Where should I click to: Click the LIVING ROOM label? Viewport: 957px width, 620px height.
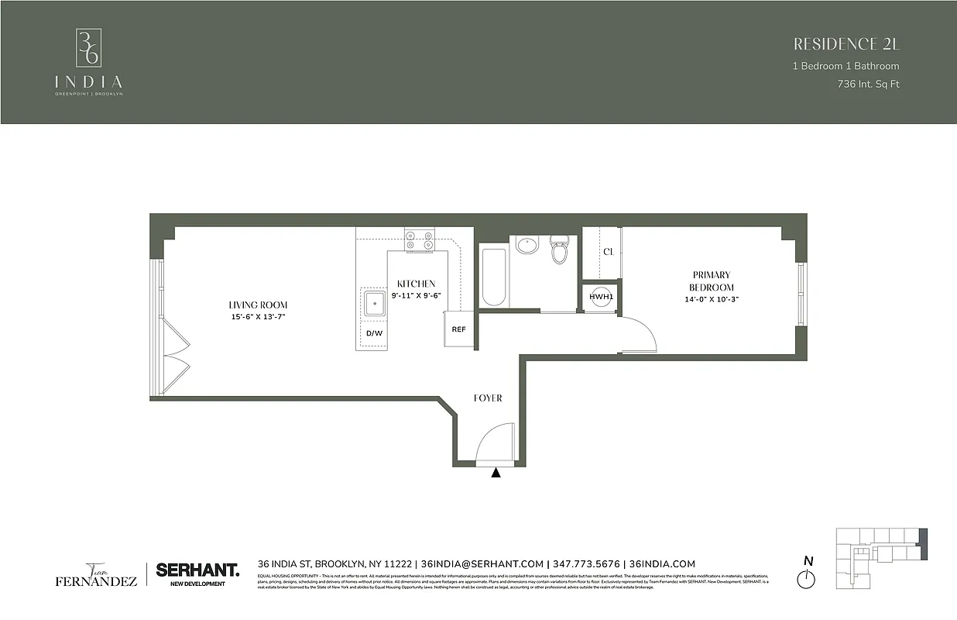coord(258,305)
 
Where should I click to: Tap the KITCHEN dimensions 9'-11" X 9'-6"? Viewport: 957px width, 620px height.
coord(416,295)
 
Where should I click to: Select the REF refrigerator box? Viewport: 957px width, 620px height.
coord(458,329)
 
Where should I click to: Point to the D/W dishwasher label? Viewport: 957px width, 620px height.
coord(374,333)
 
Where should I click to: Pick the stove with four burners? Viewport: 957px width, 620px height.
coord(419,239)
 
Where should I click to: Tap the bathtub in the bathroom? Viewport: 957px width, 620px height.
coord(492,276)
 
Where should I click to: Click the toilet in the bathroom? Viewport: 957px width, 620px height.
coord(559,250)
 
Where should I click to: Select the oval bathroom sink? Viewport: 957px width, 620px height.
coord(527,246)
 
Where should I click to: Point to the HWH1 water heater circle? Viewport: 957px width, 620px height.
coord(600,297)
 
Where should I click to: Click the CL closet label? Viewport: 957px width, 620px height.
coord(608,251)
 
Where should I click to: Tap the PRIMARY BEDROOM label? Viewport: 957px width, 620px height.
coord(712,281)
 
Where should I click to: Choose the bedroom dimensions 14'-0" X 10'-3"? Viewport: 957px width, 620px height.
coord(712,299)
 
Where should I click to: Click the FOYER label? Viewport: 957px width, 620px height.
coord(488,398)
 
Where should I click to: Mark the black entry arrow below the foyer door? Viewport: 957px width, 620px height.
coord(496,471)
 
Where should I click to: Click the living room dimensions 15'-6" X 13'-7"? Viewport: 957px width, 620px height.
coord(258,316)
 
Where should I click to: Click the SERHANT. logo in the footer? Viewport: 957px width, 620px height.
coord(197,570)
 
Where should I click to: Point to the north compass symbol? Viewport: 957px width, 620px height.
coord(808,577)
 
